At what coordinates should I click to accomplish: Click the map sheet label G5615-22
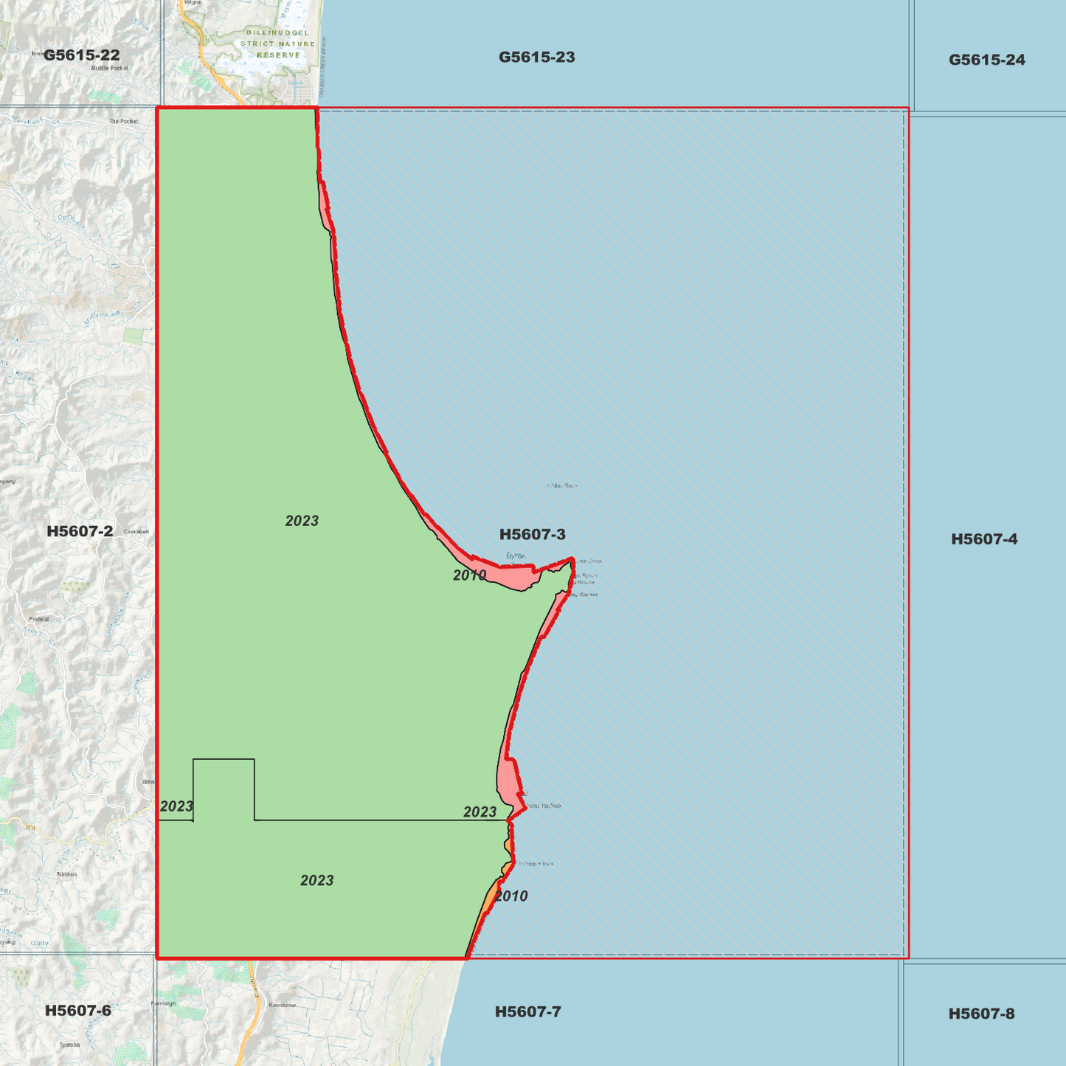81,55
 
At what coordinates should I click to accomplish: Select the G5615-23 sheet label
536,58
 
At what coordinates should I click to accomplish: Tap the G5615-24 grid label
986,60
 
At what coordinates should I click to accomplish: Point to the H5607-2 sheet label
80,531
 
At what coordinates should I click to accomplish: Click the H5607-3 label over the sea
532,534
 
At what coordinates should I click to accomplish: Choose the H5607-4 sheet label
984,539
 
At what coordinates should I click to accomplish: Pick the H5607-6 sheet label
77,1011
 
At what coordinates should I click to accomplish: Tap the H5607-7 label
527,1011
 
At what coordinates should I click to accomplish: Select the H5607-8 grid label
981,1014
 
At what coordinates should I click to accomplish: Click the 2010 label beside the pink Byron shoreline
469,575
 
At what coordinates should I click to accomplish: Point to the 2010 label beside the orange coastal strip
511,896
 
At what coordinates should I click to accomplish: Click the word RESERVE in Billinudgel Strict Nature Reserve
279,55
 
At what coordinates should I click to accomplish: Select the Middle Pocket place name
109,68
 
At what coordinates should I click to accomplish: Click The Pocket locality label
123,121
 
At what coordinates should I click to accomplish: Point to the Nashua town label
66,874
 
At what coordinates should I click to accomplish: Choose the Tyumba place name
69,1045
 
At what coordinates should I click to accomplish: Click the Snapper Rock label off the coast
538,864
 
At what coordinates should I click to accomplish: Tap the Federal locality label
38,619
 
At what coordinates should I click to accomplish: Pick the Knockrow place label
282,1005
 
